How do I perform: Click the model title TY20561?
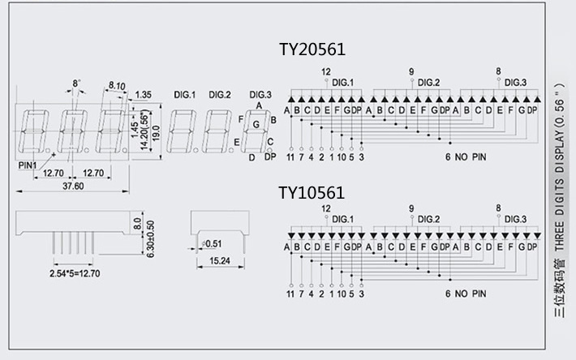coord(312,49)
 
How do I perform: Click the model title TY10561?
coord(312,192)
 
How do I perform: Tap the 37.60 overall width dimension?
coord(73,186)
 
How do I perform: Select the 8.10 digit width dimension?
coord(115,85)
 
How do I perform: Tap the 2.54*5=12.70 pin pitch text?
coord(74,274)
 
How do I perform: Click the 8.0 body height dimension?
coord(137,221)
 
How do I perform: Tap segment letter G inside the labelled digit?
coord(256,124)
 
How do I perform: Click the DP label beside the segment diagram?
coord(270,156)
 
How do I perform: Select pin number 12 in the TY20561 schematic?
coord(326,72)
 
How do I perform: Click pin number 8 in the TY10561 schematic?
coord(497,208)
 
